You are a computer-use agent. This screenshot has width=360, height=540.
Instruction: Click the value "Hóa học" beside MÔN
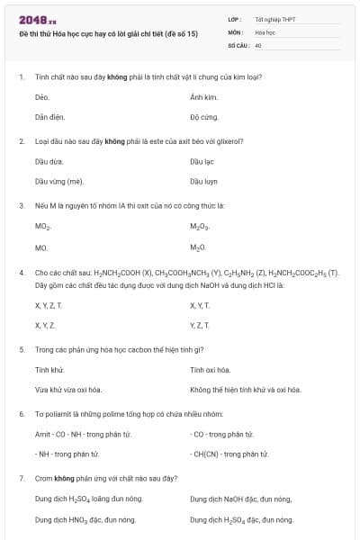[x=265, y=31]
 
